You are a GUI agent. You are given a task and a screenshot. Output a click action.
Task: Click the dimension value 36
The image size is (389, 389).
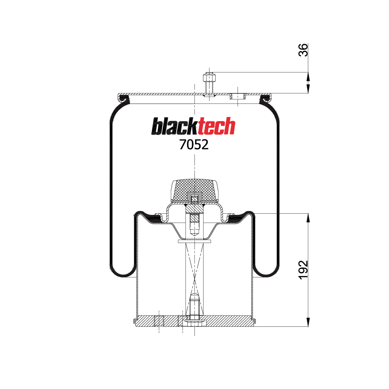click(x=303, y=50)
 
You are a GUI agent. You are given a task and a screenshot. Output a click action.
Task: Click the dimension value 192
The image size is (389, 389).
click(x=303, y=270)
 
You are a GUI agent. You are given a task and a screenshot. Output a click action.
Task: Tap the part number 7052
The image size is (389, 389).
click(x=194, y=145)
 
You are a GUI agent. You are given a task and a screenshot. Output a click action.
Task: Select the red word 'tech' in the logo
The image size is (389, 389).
click(x=216, y=126)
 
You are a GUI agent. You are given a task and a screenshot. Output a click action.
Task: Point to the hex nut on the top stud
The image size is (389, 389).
click(x=209, y=78)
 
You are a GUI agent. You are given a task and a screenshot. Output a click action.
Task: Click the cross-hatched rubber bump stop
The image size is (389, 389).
click(x=194, y=189)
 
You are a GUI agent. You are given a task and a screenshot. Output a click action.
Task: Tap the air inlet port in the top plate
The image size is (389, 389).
click(x=238, y=96)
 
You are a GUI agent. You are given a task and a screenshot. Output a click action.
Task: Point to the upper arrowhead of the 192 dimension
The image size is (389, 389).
click(x=308, y=218)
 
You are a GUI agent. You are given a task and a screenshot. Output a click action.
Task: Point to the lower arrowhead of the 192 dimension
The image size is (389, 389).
click(x=308, y=322)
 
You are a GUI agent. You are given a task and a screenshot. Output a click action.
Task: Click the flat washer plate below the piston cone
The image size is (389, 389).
click(x=194, y=241)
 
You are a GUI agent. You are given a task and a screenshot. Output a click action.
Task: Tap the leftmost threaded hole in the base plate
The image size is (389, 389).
click(x=159, y=321)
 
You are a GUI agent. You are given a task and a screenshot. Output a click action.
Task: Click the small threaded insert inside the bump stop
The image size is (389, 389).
click(x=194, y=198)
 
